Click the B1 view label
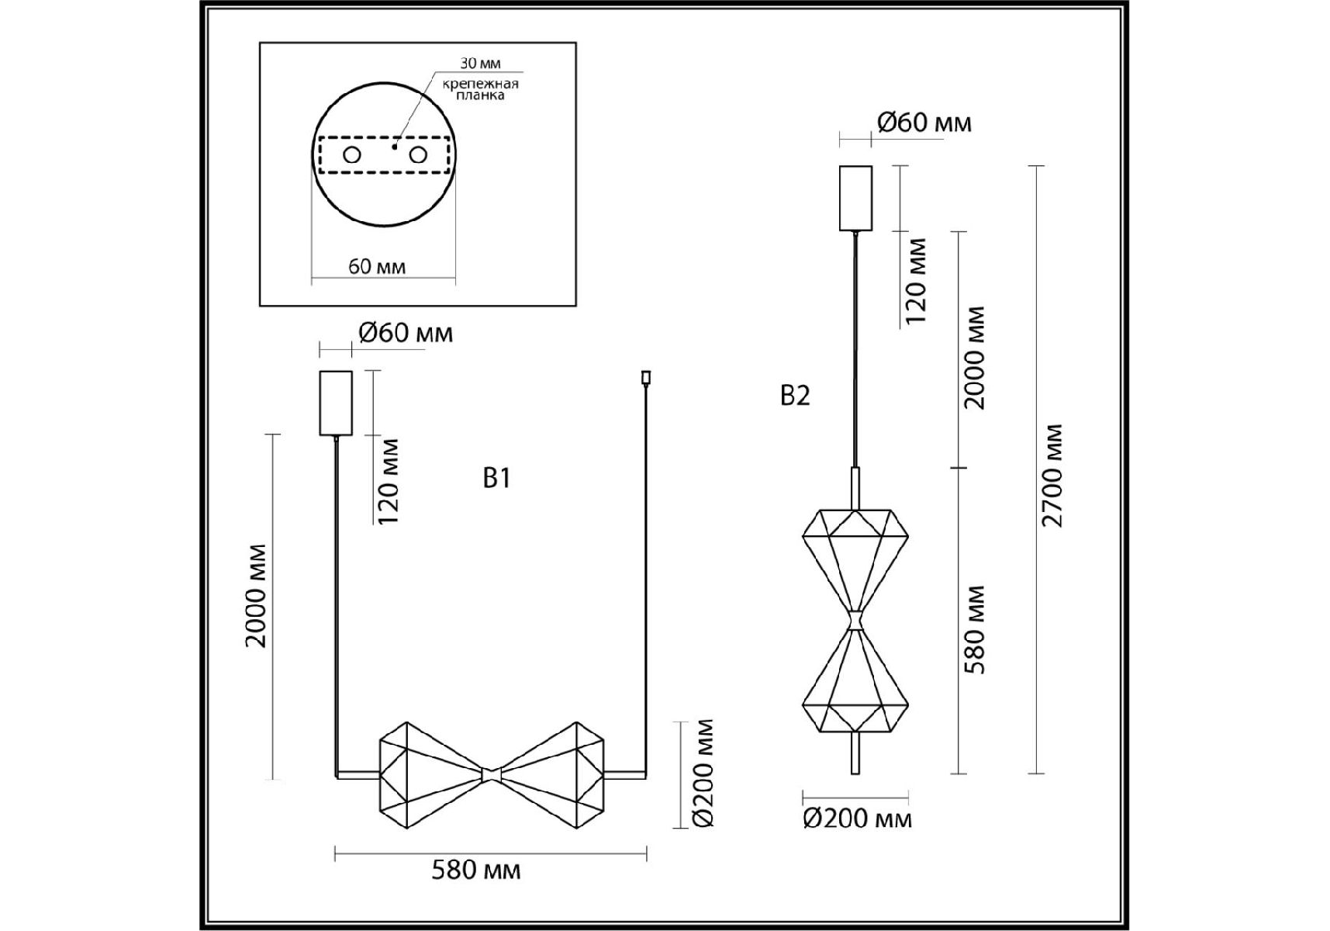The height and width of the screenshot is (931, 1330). click(x=496, y=478)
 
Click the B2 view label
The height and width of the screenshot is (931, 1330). click(x=795, y=396)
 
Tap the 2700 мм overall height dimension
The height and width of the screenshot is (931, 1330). click(x=1052, y=476)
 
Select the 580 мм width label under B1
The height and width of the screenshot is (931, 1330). click(x=476, y=870)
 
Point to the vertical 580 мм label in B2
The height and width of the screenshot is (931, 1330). click(x=975, y=629)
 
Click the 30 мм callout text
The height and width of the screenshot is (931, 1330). click(x=480, y=64)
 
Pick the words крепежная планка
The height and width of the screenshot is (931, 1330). click(x=481, y=89)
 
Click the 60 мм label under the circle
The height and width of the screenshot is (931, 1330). click(x=377, y=266)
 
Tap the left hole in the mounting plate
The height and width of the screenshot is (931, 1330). click(x=352, y=155)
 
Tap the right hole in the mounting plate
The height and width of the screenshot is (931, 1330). click(x=418, y=155)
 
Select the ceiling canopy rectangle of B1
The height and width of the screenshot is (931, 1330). click(x=336, y=403)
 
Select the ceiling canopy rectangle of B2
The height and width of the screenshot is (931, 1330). click(x=855, y=198)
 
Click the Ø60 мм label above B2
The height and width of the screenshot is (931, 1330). click(x=924, y=123)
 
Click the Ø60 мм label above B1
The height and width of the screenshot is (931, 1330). click(x=406, y=333)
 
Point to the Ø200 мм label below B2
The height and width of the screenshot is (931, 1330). click(x=858, y=819)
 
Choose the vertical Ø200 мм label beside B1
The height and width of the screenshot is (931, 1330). click(x=702, y=774)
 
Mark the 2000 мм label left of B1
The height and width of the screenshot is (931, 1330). click(x=256, y=596)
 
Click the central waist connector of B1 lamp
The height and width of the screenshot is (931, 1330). click(x=491, y=774)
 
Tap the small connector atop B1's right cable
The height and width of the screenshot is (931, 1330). click(x=645, y=378)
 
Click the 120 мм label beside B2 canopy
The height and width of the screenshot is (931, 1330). click(x=915, y=282)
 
